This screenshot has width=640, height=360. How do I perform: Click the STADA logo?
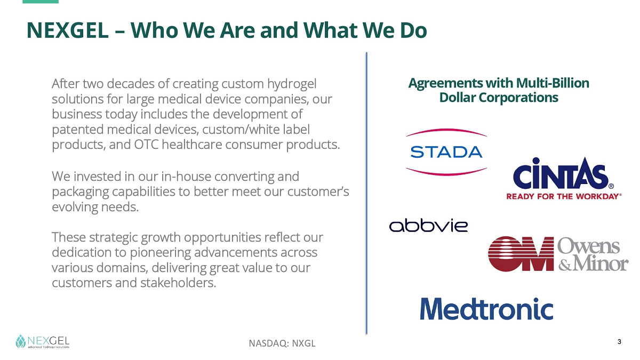coord(446,151)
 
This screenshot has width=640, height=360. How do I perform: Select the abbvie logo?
coord(428,226)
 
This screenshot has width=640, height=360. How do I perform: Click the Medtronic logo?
coord(486,309)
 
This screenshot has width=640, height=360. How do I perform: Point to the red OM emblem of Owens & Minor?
coord(521,253)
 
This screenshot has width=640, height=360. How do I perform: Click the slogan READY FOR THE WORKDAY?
coord(564,197)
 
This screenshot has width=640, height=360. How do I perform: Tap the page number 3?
coord(619,342)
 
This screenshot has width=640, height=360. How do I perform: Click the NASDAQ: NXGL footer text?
coord(282,343)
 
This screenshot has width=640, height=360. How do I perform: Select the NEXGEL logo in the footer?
coord(42,341)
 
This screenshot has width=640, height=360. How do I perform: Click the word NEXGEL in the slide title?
coord(67,30)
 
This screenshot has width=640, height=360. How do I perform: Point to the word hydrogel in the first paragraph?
coord(292,84)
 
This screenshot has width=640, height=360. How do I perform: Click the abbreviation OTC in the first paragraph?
coord(146,145)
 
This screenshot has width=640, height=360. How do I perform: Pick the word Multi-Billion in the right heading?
coord(553,83)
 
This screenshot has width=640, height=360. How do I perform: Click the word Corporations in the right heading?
coord(518,98)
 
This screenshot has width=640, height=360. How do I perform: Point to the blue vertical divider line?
coord(366,193)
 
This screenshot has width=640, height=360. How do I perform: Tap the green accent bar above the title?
coord(41,2)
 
